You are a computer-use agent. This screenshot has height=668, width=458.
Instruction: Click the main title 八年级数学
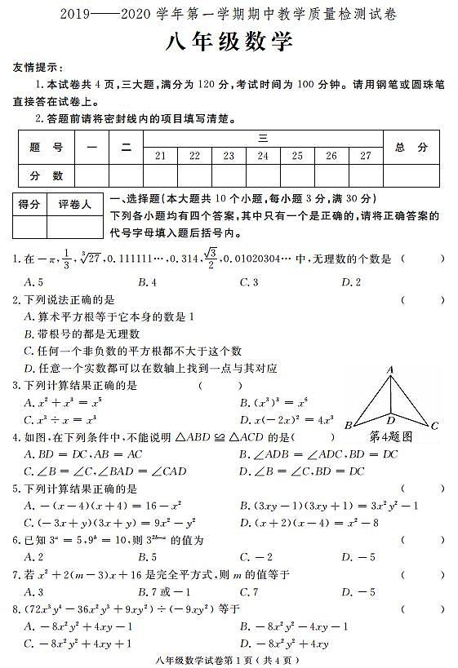pos(229,43)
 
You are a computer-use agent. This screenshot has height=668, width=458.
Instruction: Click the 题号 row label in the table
pos(46,148)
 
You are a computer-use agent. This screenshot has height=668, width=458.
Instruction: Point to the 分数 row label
pos(46,175)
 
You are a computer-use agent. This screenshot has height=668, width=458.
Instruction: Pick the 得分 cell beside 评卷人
pos(29,205)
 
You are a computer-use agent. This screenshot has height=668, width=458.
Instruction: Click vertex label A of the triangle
pos(390,369)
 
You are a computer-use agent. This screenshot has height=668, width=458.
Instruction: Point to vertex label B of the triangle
pos(348,425)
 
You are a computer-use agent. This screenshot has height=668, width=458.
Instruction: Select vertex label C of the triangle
pos(435,425)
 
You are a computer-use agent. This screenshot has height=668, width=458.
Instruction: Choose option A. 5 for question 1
pos(34,281)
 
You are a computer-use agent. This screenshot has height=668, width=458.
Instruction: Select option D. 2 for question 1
pos(351,281)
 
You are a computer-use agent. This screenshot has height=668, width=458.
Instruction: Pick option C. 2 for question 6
pos(248,557)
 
